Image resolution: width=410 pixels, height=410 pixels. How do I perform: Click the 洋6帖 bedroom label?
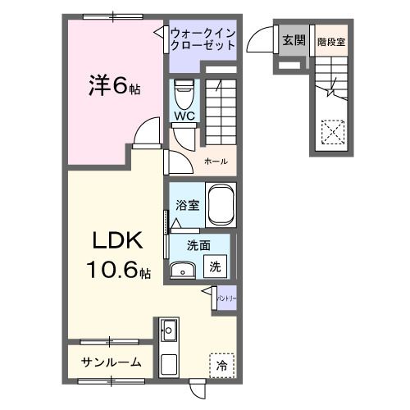tap(114, 85)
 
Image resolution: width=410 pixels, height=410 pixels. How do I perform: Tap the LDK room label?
tap(116, 242)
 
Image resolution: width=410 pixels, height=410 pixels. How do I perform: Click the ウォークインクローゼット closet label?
tap(203, 39)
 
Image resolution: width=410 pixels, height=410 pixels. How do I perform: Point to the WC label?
tap(183, 116)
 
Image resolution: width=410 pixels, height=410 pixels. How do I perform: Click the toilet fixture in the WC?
tap(183, 92)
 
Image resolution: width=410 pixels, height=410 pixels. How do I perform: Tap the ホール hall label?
tap(216, 162)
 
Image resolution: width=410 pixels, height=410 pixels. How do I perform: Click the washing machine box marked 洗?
tap(215, 266)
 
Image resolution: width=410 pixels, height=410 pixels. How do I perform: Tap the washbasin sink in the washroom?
tap(181, 269)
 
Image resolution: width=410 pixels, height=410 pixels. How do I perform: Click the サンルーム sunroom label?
tap(112, 362)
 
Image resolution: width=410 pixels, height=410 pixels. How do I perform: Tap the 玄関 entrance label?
tap(294, 39)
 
